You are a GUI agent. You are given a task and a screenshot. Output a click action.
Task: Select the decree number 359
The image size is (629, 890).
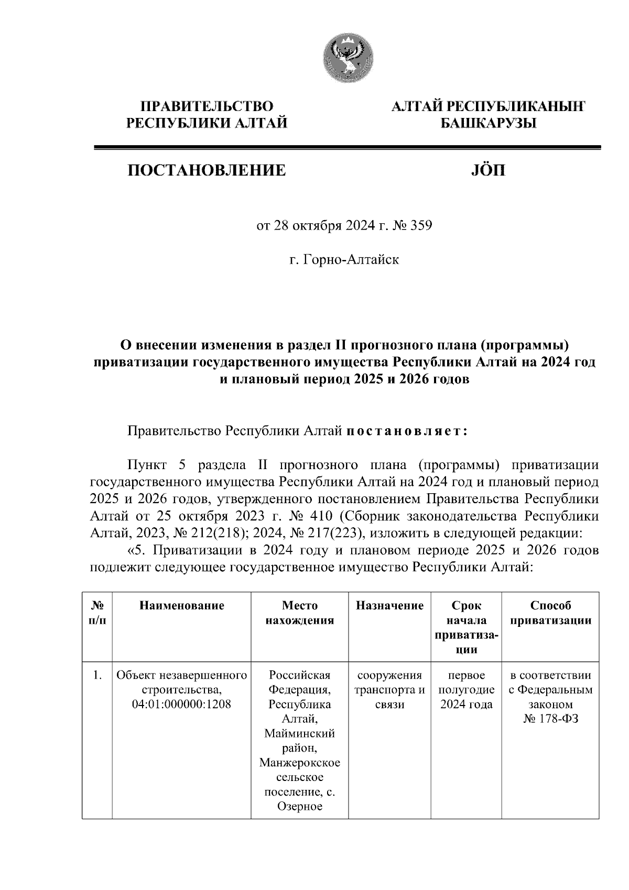[421, 226]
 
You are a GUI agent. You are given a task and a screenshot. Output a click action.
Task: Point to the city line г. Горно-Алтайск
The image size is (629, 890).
[344, 259]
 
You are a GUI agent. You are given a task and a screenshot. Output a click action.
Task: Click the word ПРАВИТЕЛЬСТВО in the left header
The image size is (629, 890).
[207, 106]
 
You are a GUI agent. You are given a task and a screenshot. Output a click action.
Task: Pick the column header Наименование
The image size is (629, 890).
[181, 606]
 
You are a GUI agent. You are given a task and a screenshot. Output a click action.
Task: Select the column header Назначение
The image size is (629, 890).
[389, 606]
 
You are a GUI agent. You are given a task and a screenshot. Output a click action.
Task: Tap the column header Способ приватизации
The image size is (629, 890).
[550, 613]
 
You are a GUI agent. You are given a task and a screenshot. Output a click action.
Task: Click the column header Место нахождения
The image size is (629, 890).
[300, 613]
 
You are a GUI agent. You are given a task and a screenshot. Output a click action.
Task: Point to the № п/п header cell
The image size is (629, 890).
[97, 613]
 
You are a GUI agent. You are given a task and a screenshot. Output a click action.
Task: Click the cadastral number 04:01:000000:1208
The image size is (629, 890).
[181, 704]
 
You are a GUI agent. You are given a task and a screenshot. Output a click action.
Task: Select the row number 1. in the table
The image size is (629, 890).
[96, 675]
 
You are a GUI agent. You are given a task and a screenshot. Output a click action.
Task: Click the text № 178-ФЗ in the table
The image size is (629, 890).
[550, 719]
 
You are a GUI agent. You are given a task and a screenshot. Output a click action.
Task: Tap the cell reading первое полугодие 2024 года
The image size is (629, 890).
[466, 689]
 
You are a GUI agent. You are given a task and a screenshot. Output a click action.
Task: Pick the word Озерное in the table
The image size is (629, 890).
[300, 806]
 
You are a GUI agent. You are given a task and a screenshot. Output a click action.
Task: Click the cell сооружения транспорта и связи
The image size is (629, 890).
[389, 689]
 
